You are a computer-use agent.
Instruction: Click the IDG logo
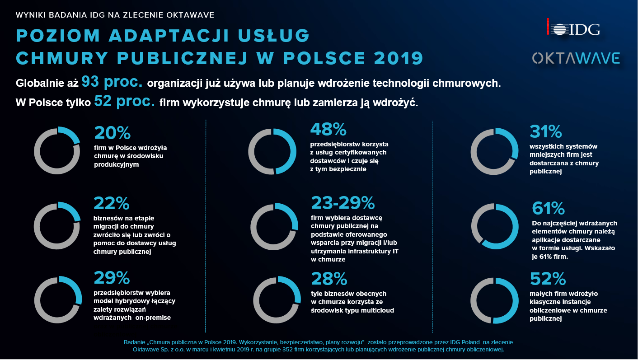coord(572,29)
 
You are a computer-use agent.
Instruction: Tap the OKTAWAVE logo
coord(576,58)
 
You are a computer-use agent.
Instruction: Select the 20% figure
coord(112,133)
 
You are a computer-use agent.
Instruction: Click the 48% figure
coord(328,130)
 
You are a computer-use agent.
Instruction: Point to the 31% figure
coord(545,132)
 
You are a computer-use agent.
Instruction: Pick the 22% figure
coord(112,204)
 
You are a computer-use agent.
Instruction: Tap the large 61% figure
coord(548,209)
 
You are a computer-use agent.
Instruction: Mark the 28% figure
coord(328,279)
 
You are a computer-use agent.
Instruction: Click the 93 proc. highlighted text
coord(113,83)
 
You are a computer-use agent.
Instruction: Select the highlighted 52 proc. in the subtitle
coord(125,102)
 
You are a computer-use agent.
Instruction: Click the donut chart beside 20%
coord(57,151)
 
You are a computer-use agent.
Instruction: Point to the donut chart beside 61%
coord(495,226)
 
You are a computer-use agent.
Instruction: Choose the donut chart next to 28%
coord(277,299)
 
